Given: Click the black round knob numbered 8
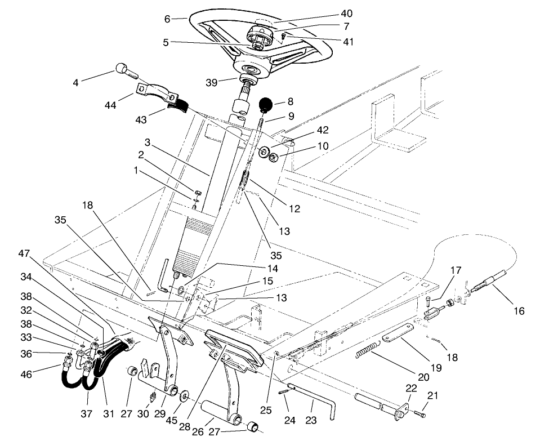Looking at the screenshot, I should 265,105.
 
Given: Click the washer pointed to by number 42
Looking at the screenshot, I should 263,152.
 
